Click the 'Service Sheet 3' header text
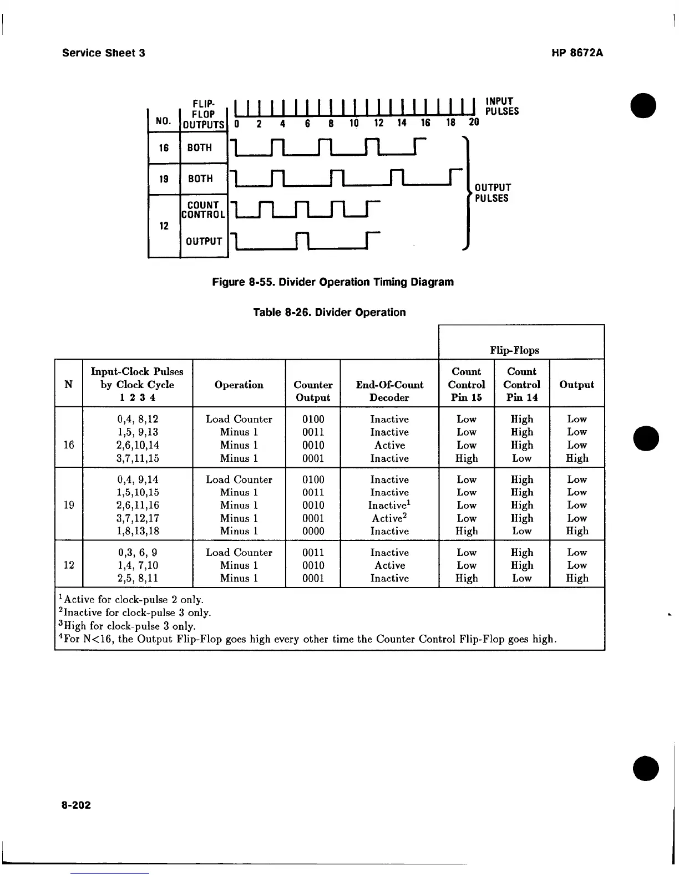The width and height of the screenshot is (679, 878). click(104, 53)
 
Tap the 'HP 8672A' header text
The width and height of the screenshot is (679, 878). click(577, 53)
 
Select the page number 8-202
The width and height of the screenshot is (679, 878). click(77, 805)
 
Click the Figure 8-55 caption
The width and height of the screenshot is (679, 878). click(333, 282)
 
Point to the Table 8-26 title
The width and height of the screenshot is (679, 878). click(329, 313)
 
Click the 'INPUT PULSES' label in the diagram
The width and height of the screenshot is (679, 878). click(501, 106)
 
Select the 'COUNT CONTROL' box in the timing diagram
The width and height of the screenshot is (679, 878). click(204, 210)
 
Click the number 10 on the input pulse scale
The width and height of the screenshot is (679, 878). click(354, 124)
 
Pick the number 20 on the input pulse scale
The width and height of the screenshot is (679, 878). click(473, 124)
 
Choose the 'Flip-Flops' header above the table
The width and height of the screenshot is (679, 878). click(514, 350)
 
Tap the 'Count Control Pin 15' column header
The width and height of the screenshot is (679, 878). click(466, 384)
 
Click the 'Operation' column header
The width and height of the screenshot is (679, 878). click(239, 385)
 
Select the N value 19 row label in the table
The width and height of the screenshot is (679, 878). click(69, 505)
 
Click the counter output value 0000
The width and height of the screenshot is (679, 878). click(313, 531)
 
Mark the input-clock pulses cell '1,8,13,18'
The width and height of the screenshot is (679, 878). click(138, 531)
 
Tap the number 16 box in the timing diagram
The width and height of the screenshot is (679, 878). click(164, 148)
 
